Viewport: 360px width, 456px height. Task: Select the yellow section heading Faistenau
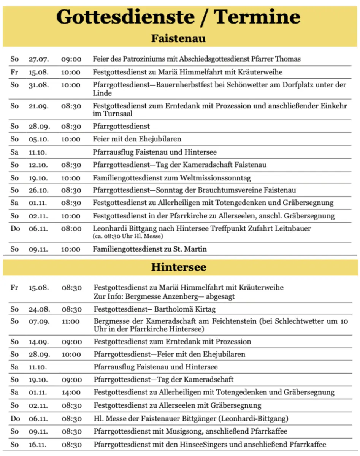pos(178,38)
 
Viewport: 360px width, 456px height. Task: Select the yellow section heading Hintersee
pos(179,267)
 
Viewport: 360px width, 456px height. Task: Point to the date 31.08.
pos(38,85)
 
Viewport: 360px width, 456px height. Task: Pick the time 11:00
pos(71,321)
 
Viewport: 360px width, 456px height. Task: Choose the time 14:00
pos(71,393)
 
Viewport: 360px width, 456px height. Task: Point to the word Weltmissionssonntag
pos(216,177)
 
